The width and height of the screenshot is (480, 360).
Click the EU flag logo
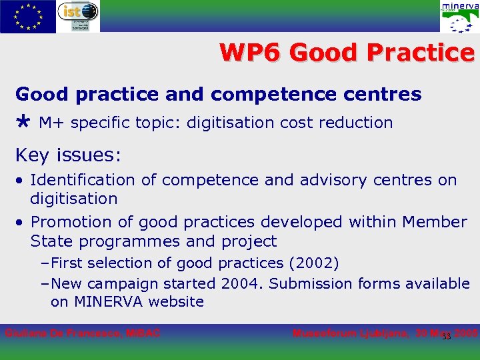pos(27,16)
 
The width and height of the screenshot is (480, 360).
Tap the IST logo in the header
pos(77,16)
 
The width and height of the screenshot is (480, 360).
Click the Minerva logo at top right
pos(459,17)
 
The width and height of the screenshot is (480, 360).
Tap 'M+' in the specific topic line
pos(52,123)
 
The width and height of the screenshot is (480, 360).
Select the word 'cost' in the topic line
pos(299,123)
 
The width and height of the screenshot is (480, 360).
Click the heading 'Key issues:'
pos(68,155)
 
